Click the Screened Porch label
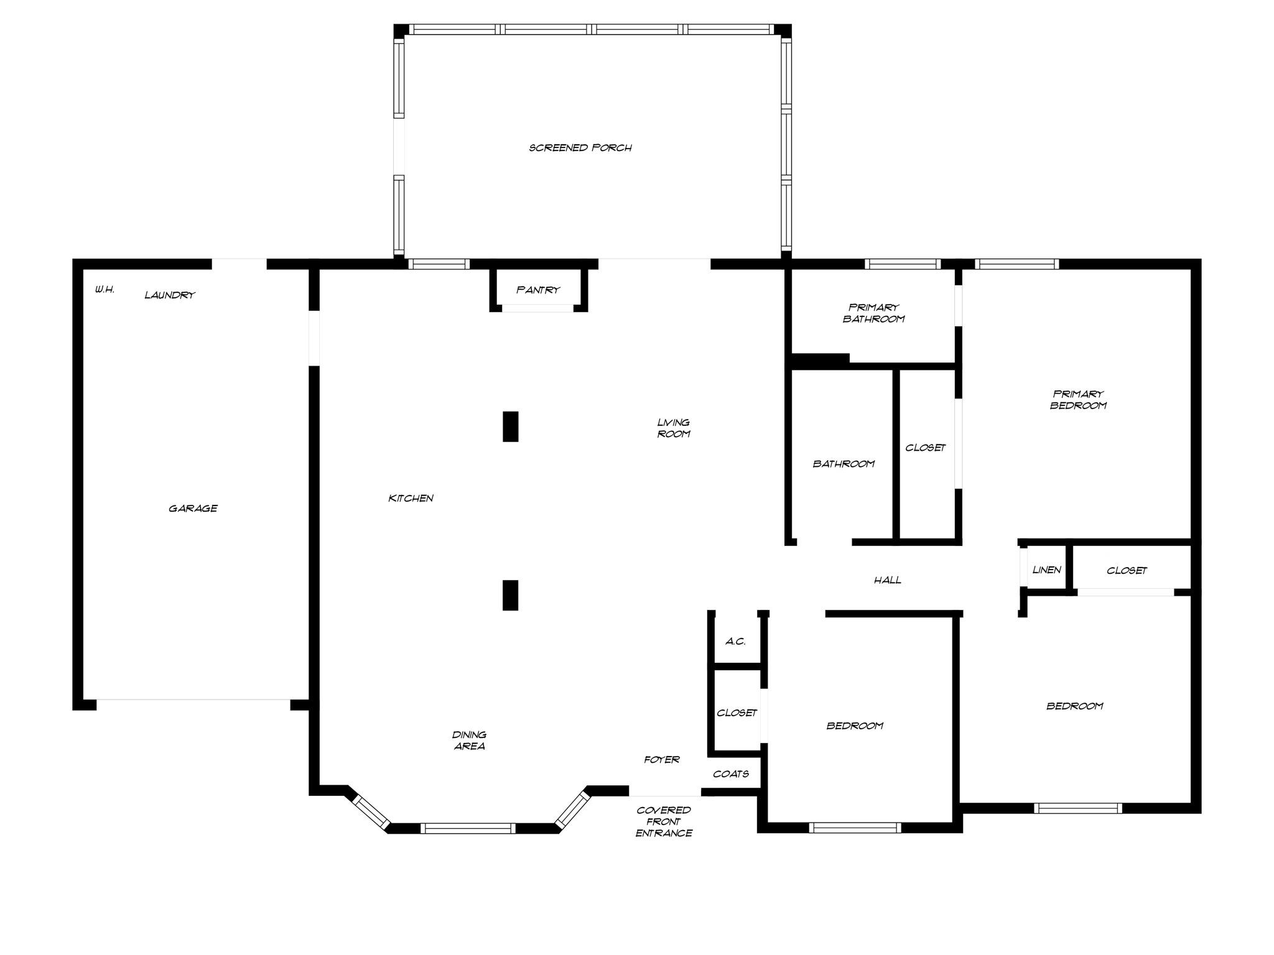pyautogui.click(x=580, y=148)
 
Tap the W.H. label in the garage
pyautogui.click(x=105, y=290)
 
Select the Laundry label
pyautogui.click(x=170, y=295)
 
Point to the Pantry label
pyautogui.click(x=538, y=290)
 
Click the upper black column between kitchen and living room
pyautogui.click(x=510, y=427)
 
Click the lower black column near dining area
pyautogui.click(x=510, y=595)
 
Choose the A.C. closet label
pyautogui.click(x=735, y=641)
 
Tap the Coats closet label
pyautogui.click(x=731, y=774)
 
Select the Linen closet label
pyautogui.click(x=1046, y=570)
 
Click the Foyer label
pyautogui.click(x=661, y=759)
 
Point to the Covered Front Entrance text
pyautogui.click(x=664, y=821)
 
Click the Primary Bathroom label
pyautogui.click(x=873, y=313)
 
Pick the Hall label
pyautogui.click(x=887, y=580)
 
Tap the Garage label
pyautogui.click(x=193, y=509)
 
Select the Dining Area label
pyautogui.click(x=469, y=740)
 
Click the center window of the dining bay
pyautogui.click(x=468, y=828)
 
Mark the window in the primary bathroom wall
pyautogui.click(x=902, y=264)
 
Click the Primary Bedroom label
pyautogui.click(x=1078, y=399)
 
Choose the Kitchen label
pyautogui.click(x=411, y=498)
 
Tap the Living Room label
pyautogui.click(x=674, y=428)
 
